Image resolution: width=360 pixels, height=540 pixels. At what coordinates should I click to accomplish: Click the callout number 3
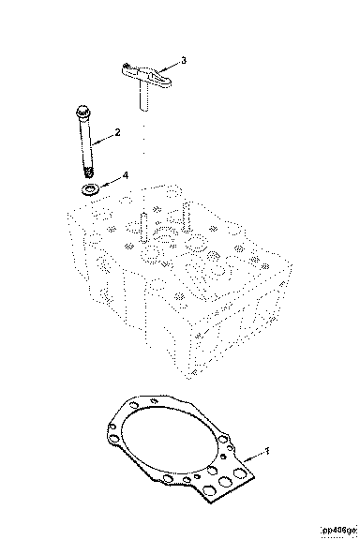(184, 60)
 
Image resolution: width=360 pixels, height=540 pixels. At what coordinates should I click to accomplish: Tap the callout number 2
(117, 132)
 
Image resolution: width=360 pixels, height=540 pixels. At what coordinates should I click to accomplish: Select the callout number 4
(126, 175)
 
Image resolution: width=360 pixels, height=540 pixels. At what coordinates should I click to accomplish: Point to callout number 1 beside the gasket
(266, 451)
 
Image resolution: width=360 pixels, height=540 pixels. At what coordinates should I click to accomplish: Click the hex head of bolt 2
(82, 111)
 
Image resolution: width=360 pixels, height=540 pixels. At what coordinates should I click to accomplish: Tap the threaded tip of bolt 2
(89, 172)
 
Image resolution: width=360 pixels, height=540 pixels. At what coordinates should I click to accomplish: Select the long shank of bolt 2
(85, 142)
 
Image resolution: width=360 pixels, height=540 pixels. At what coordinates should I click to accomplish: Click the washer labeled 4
(90, 189)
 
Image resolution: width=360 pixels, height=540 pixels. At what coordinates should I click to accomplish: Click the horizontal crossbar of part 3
(146, 74)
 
